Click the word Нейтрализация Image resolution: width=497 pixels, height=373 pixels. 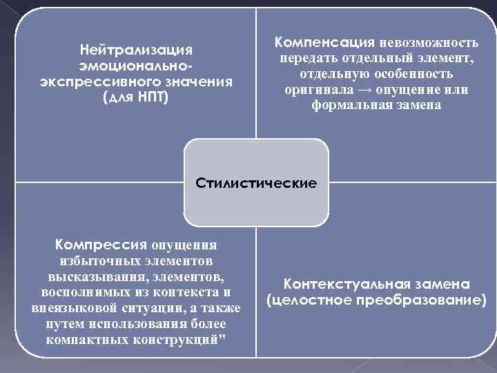137,50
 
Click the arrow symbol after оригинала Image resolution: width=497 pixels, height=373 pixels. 370,90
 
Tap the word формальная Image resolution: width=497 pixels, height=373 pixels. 347,106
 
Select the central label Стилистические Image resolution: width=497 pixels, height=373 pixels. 256,184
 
